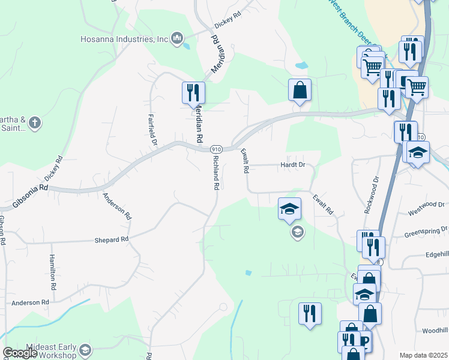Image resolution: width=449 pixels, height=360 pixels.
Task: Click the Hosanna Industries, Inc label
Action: click(x=124, y=40)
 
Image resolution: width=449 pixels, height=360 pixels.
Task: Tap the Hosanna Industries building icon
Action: click(x=176, y=40)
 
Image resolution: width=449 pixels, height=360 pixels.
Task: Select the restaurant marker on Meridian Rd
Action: click(x=193, y=92)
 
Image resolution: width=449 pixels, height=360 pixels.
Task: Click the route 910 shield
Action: click(x=216, y=149)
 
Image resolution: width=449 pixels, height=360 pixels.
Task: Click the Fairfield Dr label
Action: click(x=152, y=130)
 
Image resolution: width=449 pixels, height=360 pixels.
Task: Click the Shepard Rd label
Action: click(x=112, y=239)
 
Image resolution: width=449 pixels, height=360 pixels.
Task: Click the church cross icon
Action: click(x=35, y=124)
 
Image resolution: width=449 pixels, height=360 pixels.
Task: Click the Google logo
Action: click(x=19, y=353)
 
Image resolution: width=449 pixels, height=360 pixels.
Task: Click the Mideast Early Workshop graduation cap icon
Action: click(x=85, y=350)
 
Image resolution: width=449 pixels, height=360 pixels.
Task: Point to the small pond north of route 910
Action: click(x=301, y=65)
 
